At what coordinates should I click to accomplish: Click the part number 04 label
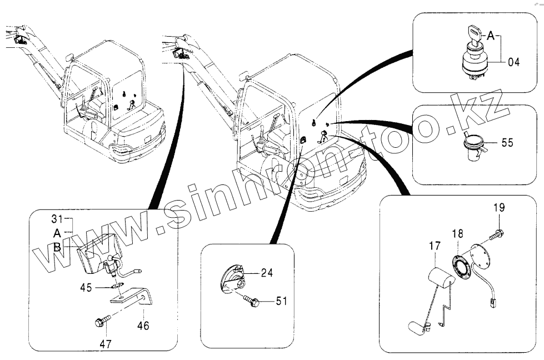[x=513, y=62]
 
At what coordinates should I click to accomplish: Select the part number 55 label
[x=507, y=143]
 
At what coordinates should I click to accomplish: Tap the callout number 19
[x=498, y=208]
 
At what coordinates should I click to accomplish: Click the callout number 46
[x=143, y=326]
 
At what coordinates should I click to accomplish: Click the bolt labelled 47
[x=102, y=321]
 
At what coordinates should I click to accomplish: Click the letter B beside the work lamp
[x=58, y=248]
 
